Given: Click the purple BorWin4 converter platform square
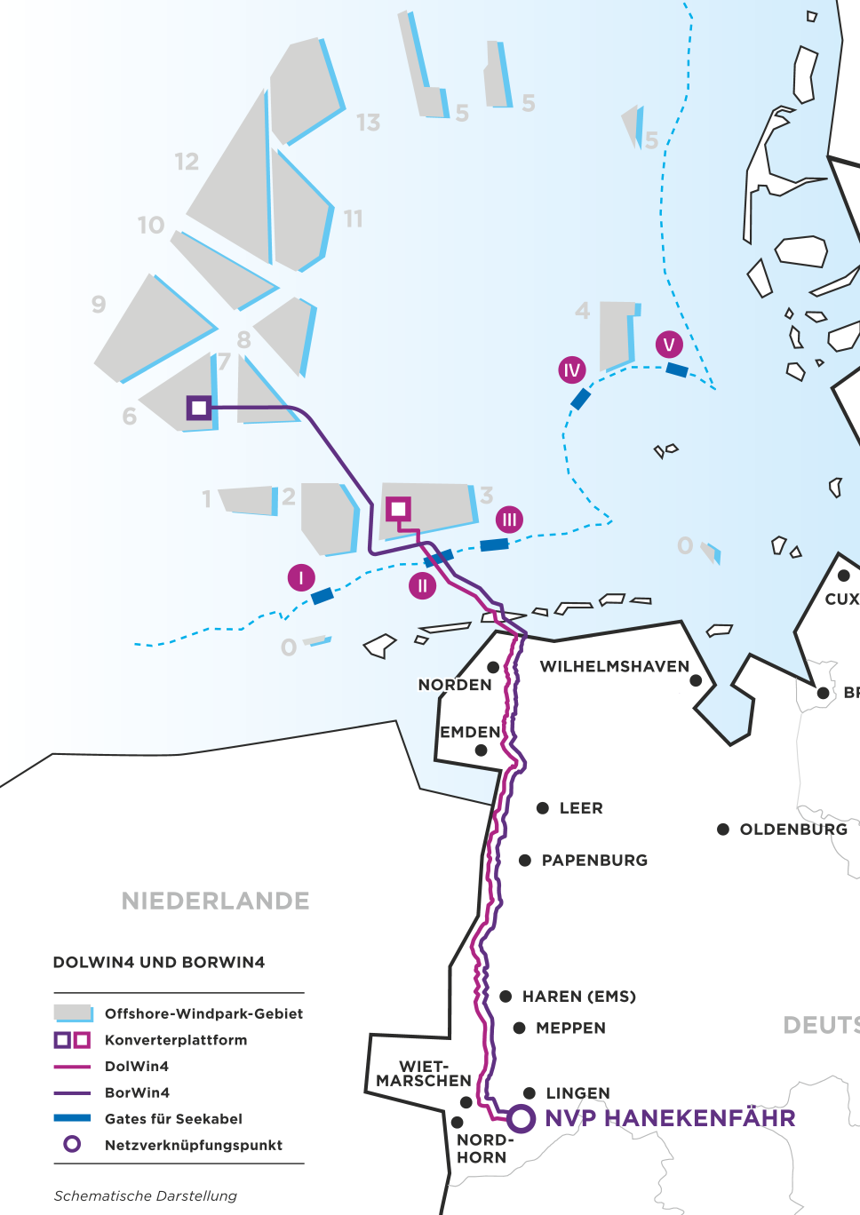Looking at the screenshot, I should click(199, 408).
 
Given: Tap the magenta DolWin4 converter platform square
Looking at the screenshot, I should click(398, 509).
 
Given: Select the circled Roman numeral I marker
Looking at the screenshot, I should click(301, 578).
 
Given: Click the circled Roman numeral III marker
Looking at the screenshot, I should click(509, 520).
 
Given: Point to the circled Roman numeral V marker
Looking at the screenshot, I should click(669, 345).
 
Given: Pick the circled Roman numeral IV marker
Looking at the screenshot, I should click(572, 370).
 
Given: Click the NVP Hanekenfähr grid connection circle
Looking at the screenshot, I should click(522, 1118).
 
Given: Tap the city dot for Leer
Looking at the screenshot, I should click(543, 808).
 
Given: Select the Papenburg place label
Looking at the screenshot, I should click(594, 861).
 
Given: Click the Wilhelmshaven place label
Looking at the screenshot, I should click(614, 667).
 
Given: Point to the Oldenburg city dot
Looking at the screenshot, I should click(723, 830).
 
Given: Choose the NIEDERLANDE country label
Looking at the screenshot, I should click(215, 901).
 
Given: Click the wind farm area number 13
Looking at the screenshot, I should click(368, 123).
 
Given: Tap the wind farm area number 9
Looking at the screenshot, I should click(99, 305).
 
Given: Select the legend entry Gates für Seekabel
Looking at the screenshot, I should click(173, 1119).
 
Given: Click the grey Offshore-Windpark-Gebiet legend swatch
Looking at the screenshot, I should click(73, 1013).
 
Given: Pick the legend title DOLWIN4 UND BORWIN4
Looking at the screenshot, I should click(159, 963).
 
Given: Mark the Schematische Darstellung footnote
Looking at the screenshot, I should click(146, 1196).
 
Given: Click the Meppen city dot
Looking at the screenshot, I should click(520, 1028).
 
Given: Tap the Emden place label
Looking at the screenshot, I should click(471, 733).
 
